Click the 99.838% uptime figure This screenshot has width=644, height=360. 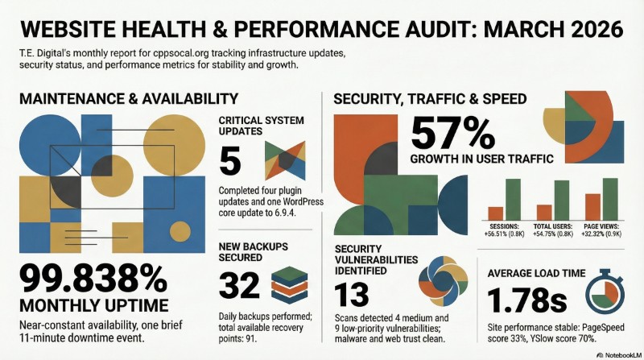pyautogui.click(x=96, y=279)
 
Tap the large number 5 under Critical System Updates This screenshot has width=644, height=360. pyautogui.click(x=231, y=161)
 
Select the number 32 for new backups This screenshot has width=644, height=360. pyautogui.click(x=239, y=284)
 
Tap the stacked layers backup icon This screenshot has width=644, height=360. pyautogui.click(x=289, y=284)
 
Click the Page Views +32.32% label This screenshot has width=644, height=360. pyautogui.click(x=602, y=230)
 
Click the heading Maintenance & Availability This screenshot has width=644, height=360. pyautogui.click(x=128, y=98)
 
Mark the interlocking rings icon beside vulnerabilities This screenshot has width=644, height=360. pyautogui.click(x=440, y=283)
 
